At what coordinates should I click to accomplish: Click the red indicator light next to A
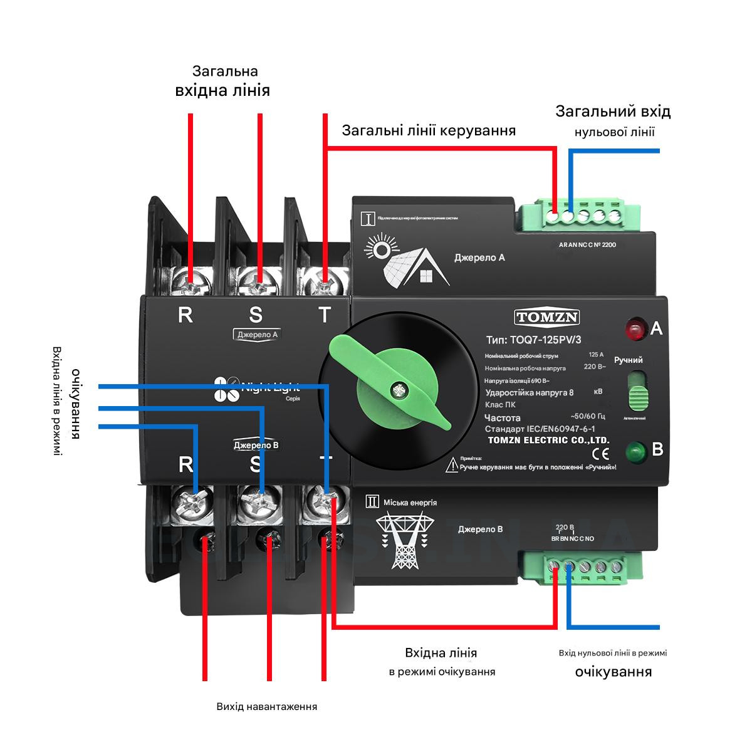(x=635, y=328)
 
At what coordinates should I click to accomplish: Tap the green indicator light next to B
(x=635, y=451)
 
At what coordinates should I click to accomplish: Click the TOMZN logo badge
(x=547, y=317)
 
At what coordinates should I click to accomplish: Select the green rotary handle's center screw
(x=396, y=390)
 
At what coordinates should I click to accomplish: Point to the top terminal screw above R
(x=191, y=279)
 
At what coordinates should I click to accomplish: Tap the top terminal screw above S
(x=258, y=279)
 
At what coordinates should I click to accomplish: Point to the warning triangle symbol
(x=452, y=465)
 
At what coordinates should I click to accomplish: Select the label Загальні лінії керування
(x=429, y=130)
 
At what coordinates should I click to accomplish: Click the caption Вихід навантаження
(x=267, y=706)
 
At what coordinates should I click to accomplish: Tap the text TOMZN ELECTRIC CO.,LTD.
(x=548, y=440)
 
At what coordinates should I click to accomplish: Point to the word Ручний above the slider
(x=628, y=360)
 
